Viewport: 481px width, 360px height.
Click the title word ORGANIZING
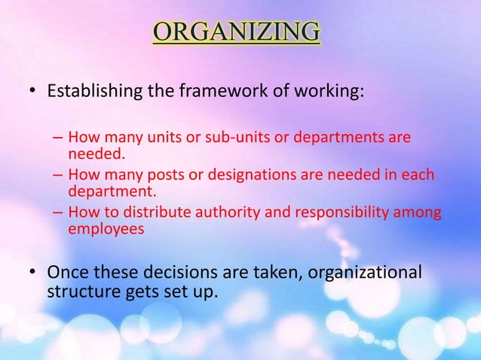coord(236,33)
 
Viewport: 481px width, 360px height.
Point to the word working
coord(330,96)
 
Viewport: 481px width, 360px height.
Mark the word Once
coord(67,271)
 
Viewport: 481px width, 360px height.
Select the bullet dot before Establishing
coord(31,96)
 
